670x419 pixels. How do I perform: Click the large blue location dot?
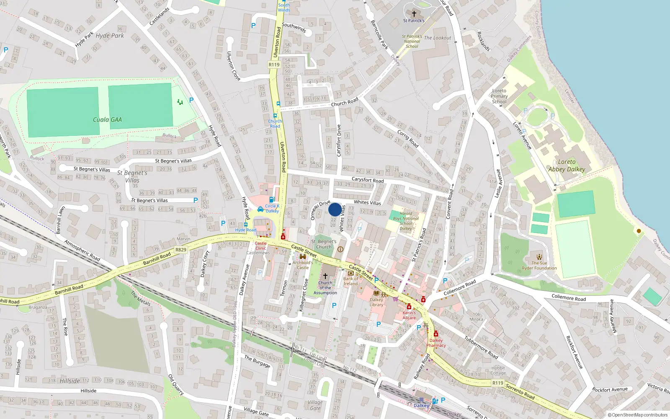coord(335,209)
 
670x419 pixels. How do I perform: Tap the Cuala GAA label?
coord(107,120)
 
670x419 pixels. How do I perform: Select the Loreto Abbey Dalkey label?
coord(567,166)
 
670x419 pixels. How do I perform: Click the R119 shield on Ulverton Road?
coord(274,65)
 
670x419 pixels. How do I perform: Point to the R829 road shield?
coord(181,250)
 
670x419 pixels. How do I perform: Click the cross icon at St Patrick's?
coord(414,13)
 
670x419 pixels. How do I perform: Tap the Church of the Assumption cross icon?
coord(325,276)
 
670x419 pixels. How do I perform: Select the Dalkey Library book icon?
coord(376,293)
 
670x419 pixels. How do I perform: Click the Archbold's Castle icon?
coord(303,257)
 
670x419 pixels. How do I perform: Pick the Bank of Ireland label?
coord(350,281)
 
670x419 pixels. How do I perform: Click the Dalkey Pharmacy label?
coord(436,343)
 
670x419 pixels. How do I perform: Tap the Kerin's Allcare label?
coord(409,315)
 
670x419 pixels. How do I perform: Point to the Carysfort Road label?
coord(367,180)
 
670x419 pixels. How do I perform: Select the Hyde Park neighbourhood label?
coord(110,36)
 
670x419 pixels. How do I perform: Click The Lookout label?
coord(438,38)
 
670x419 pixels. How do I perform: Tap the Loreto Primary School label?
coord(499,96)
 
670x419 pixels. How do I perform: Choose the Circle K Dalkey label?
coord(272,208)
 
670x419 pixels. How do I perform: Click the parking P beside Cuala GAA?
coord(191,100)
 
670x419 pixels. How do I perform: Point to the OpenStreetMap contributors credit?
coord(638,415)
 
